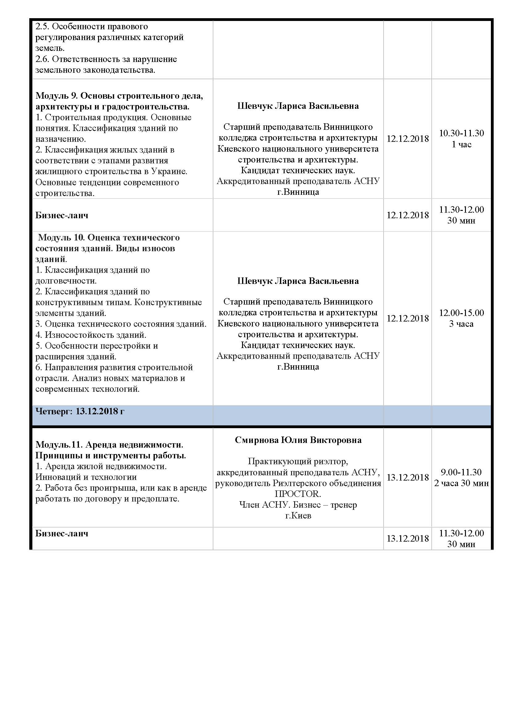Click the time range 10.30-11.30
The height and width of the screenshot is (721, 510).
461,133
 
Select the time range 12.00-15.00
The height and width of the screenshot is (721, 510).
461,313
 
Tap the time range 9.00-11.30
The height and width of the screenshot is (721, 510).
461,472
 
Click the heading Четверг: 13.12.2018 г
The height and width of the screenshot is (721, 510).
80,411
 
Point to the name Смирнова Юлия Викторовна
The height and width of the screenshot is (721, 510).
298,440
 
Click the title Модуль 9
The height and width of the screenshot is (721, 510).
56,96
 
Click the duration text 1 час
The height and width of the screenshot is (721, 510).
461,145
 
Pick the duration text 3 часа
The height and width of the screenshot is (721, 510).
461,324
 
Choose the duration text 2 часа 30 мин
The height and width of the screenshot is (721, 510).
461,483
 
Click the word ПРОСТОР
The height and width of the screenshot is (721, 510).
297,494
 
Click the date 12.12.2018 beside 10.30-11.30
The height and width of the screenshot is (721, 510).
407,139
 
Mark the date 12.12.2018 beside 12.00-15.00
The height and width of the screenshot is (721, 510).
407,318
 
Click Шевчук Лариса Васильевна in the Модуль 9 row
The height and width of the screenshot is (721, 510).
298,106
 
